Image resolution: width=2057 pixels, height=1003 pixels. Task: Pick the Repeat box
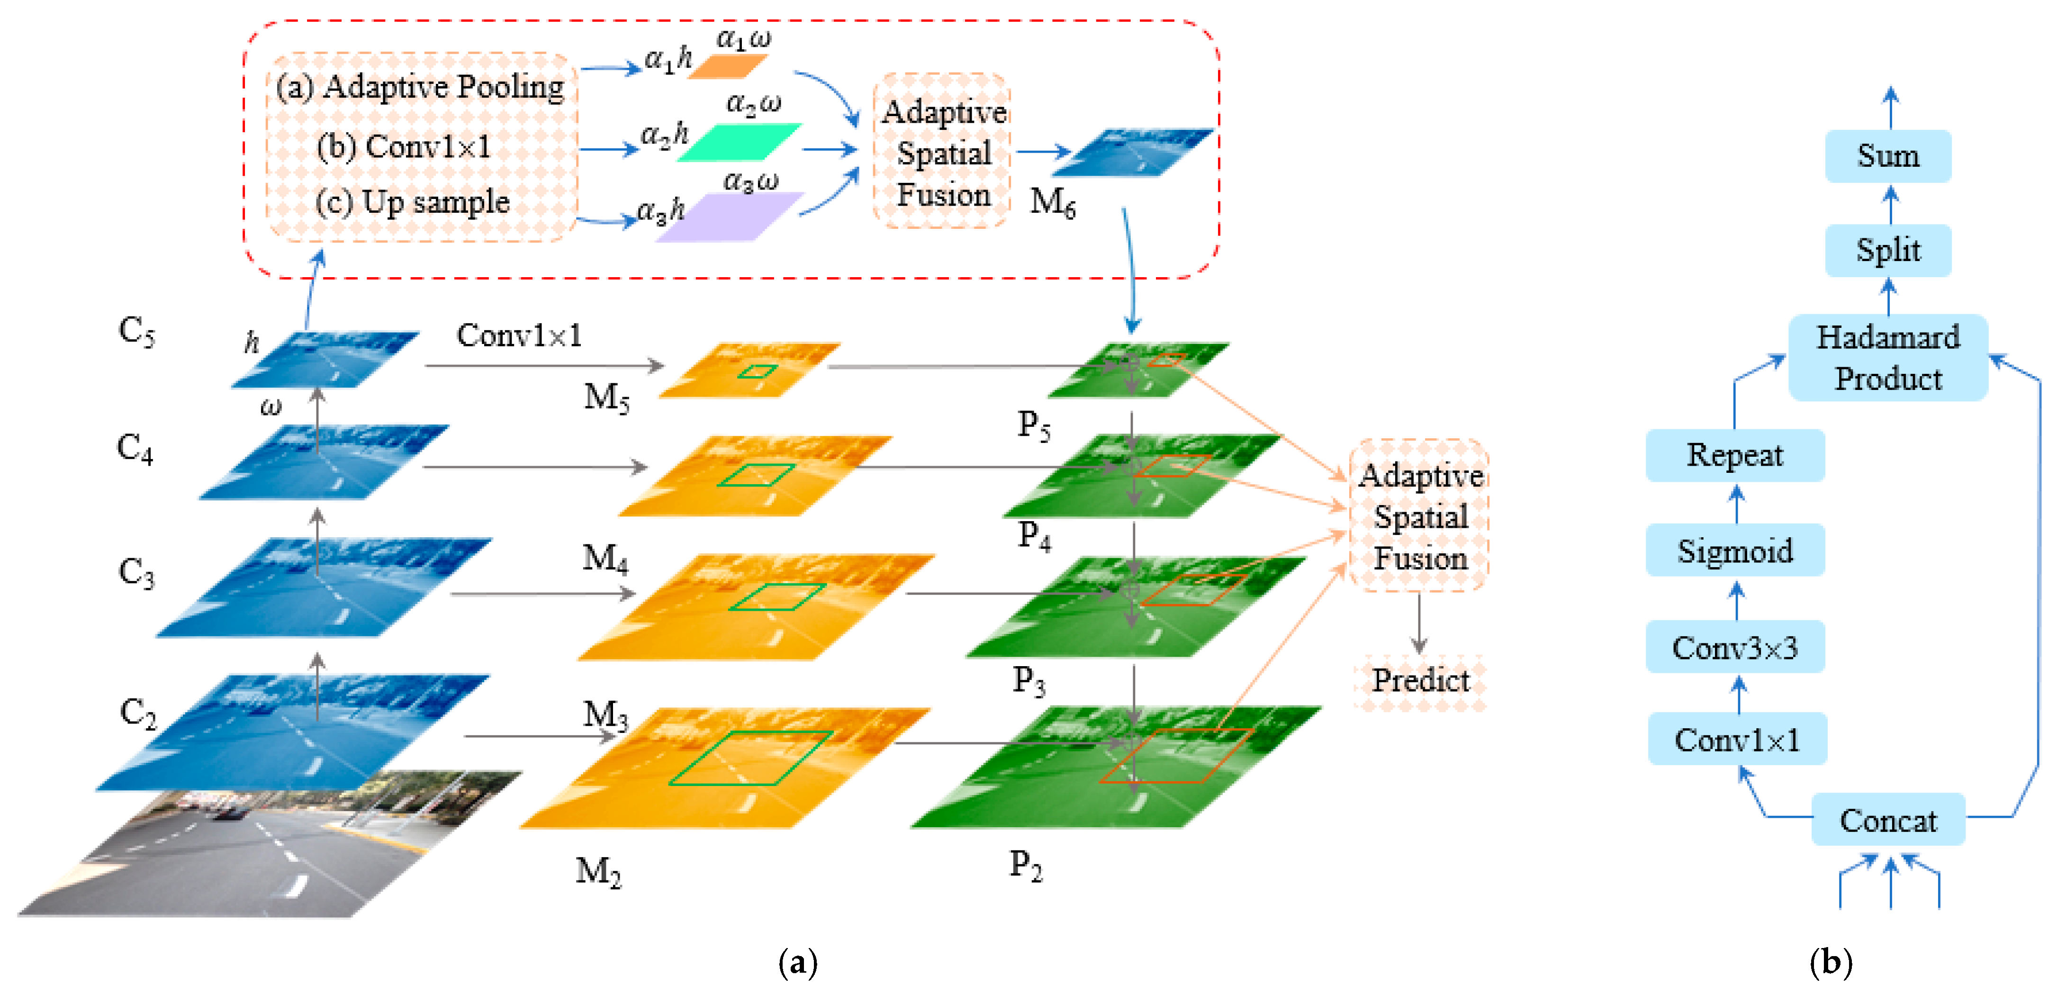coord(1734,455)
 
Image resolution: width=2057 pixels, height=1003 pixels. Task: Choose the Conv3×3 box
coord(1734,647)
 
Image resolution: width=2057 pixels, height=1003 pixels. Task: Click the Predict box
coord(1420,680)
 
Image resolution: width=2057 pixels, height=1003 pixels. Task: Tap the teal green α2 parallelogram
coord(739,142)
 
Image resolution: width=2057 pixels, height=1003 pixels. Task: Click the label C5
coord(136,330)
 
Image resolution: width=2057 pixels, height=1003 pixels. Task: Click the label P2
coord(1025,865)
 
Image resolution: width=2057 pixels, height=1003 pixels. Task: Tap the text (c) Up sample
coord(412,202)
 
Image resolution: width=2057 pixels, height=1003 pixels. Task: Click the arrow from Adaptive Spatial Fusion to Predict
coord(1418,623)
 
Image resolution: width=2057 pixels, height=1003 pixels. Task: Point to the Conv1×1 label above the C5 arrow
coord(519,335)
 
